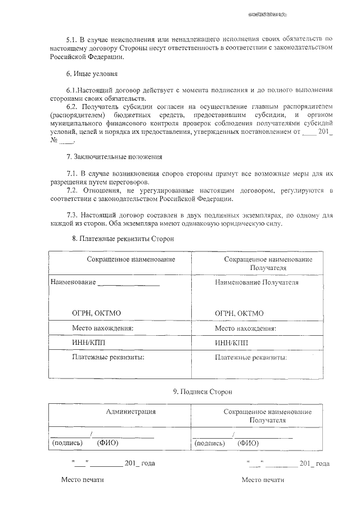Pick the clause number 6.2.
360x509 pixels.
72,107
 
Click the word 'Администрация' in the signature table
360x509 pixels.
130,412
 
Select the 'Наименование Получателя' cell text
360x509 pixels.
256,282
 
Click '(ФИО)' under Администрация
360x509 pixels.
107,443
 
